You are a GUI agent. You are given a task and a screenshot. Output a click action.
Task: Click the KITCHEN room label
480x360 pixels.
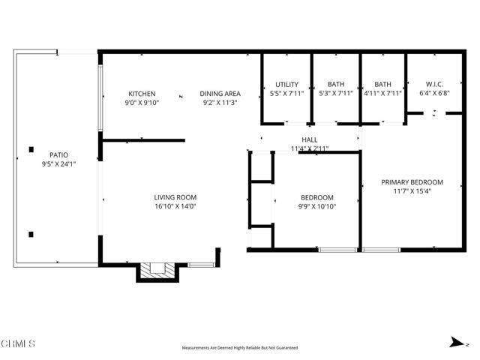click(x=141, y=94)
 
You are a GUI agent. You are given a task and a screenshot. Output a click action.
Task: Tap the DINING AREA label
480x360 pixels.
click(x=220, y=94)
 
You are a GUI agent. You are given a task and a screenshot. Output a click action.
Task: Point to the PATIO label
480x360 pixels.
click(x=49, y=154)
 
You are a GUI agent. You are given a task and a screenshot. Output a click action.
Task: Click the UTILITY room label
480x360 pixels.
click(x=286, y=84)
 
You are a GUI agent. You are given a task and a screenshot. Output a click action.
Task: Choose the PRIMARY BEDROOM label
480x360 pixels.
click(x=412, y=182)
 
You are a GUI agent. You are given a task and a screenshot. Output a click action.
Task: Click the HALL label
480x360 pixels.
click(x=309, y=140)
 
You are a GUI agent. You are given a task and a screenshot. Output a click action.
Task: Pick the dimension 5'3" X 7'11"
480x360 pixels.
click(x=335, y=93)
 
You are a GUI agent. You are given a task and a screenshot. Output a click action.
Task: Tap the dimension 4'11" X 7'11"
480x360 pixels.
click(x=382, y=93)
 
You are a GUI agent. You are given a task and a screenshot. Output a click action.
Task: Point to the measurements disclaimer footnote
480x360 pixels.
click(x=240, y=348)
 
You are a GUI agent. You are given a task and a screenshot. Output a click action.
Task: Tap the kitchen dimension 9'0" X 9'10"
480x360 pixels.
click(x=141, y=103)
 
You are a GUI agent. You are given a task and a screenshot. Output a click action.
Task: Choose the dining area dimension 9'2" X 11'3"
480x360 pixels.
click(x=220, y=103)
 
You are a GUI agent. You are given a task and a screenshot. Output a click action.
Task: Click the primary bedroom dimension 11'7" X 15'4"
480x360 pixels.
click(x=412, y=191)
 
